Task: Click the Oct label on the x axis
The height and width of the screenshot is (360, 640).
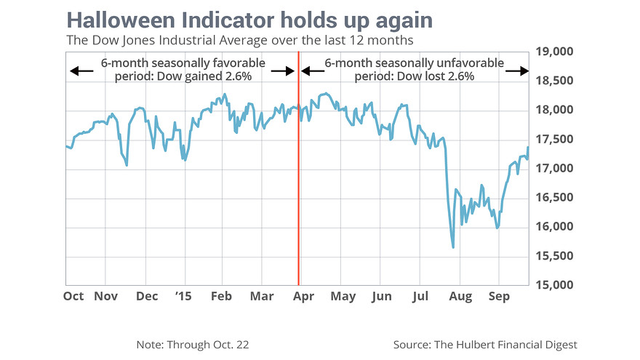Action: tap(73, 296)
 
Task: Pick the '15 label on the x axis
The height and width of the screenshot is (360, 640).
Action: tap(185, 296)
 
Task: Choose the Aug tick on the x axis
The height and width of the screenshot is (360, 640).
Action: tap(460, 296)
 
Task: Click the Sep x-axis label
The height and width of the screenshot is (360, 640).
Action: tap(499, 296)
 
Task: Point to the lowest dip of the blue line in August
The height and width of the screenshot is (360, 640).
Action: tap(453, 247)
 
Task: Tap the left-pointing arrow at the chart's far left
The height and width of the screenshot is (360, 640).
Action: tap(81, 71)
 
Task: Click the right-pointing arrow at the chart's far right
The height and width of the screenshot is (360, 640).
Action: tap(516, 71)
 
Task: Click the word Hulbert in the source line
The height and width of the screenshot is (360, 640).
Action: tap(482, 344)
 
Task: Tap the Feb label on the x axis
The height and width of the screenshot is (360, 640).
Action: tap(221, 296)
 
